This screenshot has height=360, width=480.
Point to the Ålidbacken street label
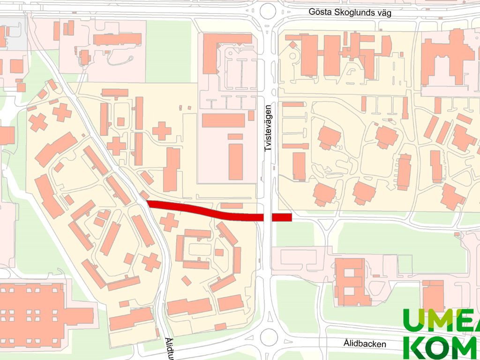coord(364,344)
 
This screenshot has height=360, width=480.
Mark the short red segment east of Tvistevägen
coord(282,217)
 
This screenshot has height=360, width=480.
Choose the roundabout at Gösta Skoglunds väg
coord(268,9)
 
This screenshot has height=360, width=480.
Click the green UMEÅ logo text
coord(441,321)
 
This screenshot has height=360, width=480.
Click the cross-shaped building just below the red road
coord(169,221)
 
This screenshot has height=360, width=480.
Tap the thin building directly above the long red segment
coord(232,205)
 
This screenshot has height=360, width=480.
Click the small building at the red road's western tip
coord(145,195)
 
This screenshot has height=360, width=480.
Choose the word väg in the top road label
coord(383,13)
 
